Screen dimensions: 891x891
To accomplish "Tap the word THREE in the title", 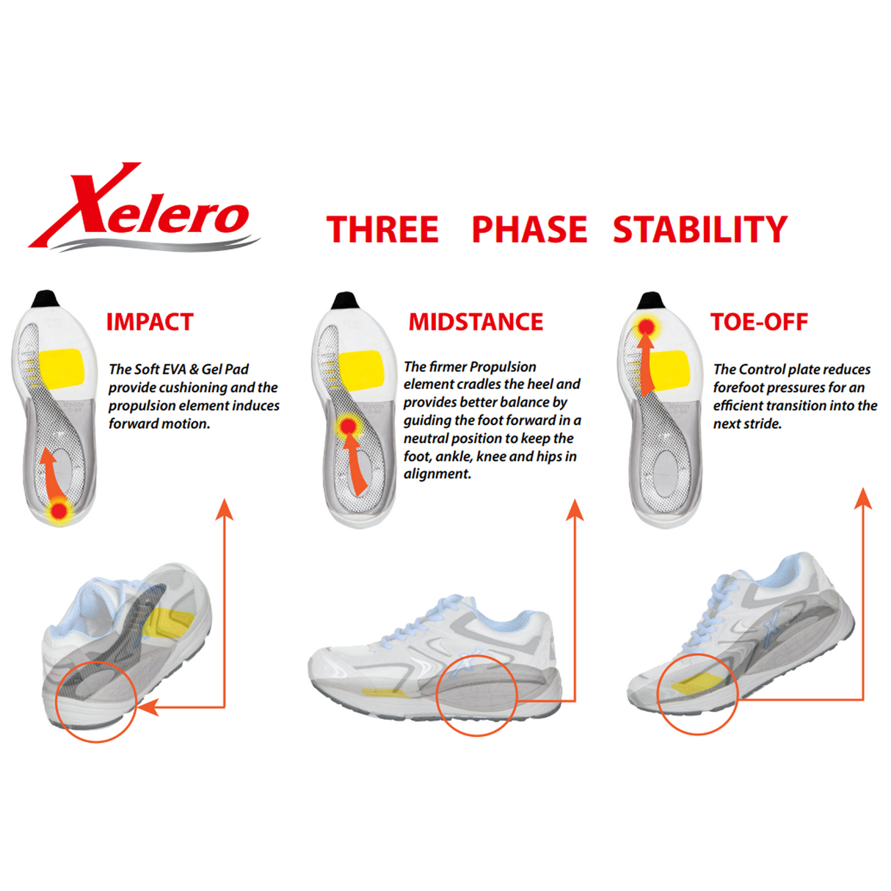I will click(x=382, y=230).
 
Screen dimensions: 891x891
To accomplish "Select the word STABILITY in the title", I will click(x=699, y=230).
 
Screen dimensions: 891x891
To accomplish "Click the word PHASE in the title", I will click(x=528, y=230).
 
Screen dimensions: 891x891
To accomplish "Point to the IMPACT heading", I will click(x=150, y=322).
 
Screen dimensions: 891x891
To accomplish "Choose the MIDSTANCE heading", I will click(x=476, y=322).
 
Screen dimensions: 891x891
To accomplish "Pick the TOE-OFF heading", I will click(x=759, y=322).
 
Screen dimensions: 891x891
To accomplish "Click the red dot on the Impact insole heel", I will click(x=59, y=511).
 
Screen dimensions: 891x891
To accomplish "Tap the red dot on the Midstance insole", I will click(x=349, y=426).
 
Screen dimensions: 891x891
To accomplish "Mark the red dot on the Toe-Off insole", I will click(x=647, y=327).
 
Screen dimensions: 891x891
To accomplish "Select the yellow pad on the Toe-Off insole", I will click(x=669, y=369).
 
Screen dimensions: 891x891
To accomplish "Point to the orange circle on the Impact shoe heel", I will click(x=95, y=702).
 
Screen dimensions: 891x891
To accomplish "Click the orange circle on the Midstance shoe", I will click(x=477, y=695).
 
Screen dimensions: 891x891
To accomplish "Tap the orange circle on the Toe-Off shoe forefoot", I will click(x=697, y=694).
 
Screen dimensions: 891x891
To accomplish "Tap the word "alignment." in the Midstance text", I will click(x=437, y=474).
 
